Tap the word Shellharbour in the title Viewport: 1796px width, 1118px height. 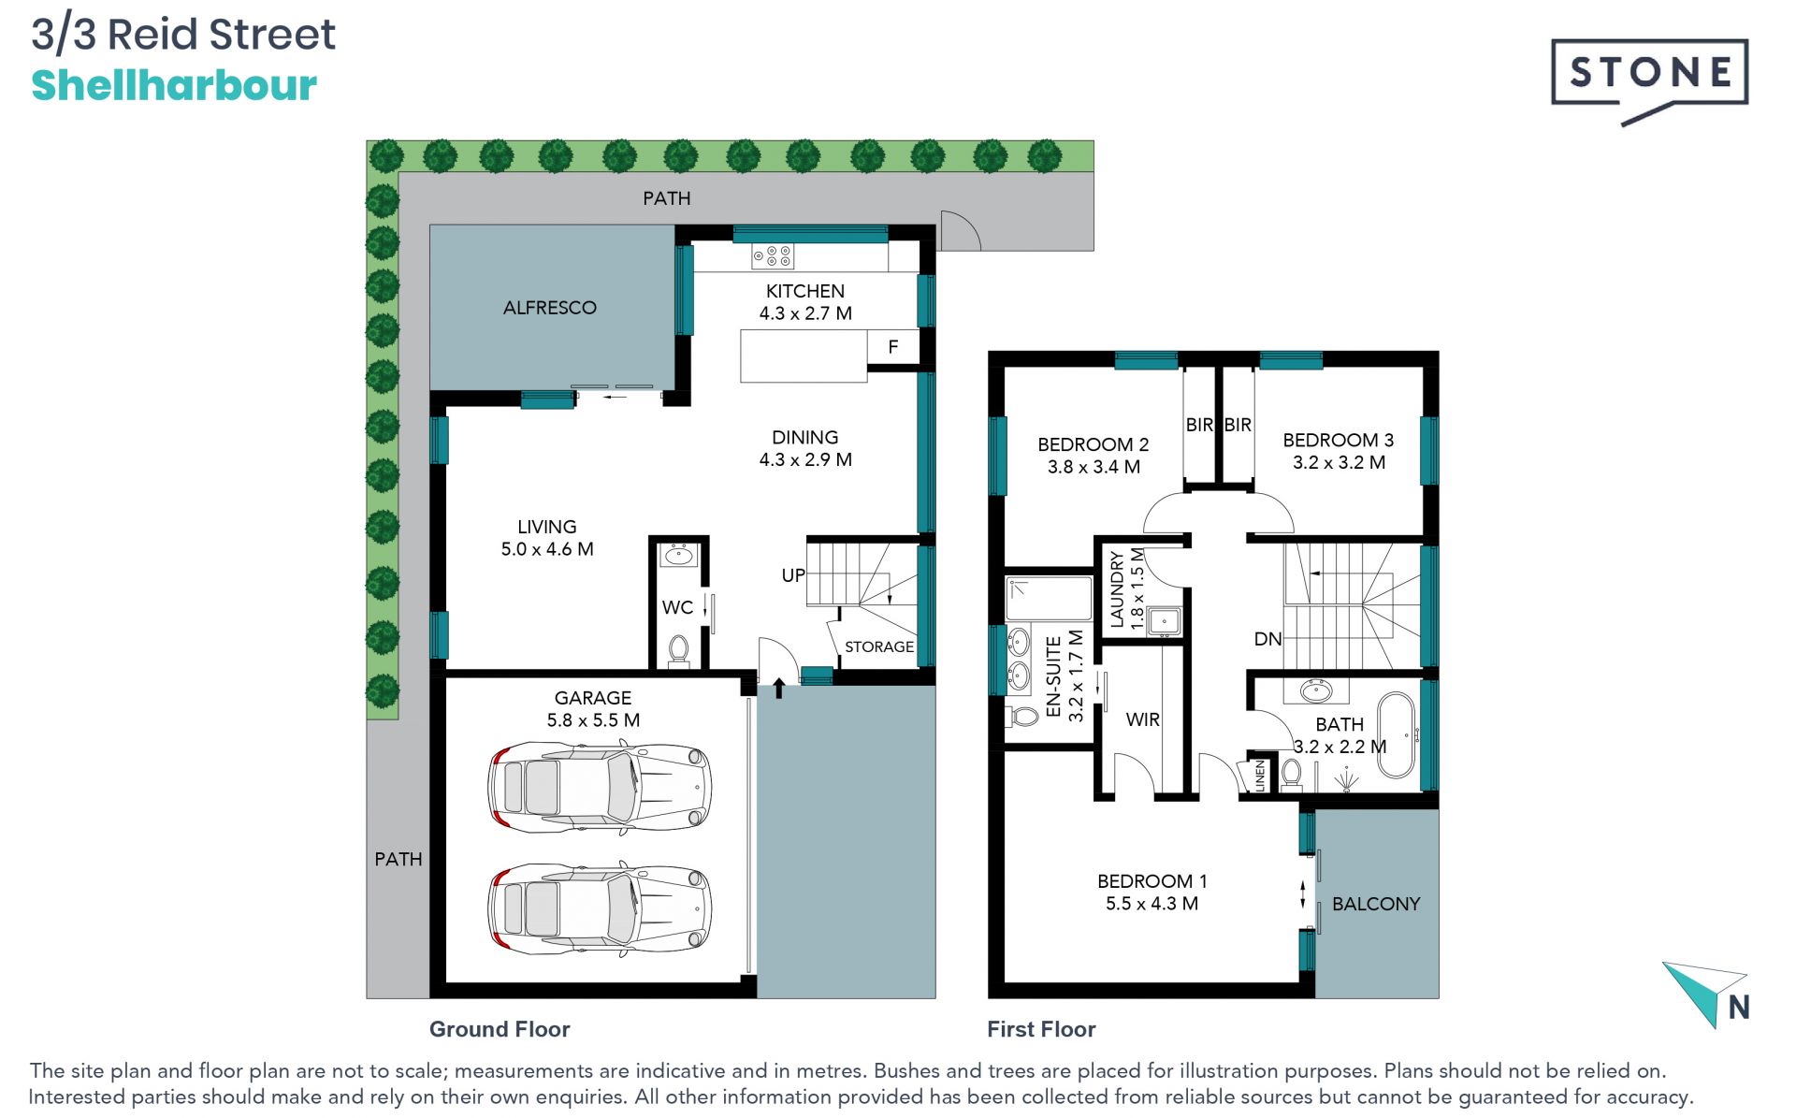click(x=174, y=85)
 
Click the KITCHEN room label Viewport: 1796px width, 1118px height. click(x=804, y=291)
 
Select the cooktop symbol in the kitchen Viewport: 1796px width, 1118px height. click(x=773, y=255)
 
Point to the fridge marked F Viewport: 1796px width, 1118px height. click(x=893, y=347)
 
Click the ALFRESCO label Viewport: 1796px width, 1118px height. click(x=549, y=308)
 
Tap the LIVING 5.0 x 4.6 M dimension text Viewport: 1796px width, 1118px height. click(x=547, y=549)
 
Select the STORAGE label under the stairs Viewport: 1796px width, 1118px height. click(x=879, y=646)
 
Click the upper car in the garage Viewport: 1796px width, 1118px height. click(x=600, y=787)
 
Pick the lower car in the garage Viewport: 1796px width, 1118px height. click(x=600, y=909)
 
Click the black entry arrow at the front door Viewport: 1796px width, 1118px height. click(x=778, y=690)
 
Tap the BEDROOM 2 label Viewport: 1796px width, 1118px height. click(x=1093, y=444)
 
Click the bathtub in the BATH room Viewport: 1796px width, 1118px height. click(x=1398, y=735)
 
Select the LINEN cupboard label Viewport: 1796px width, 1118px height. click(x=1260, y=776)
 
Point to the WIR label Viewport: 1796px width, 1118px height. click(x=1142, y=719)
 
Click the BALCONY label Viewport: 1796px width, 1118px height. click(x=1375, y=904)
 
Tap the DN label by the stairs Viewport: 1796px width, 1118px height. click(x=1267, y=639)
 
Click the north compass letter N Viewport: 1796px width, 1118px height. click(x=1739, y=1008)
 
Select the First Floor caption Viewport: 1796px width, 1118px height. click(x=1041, y=1029)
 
